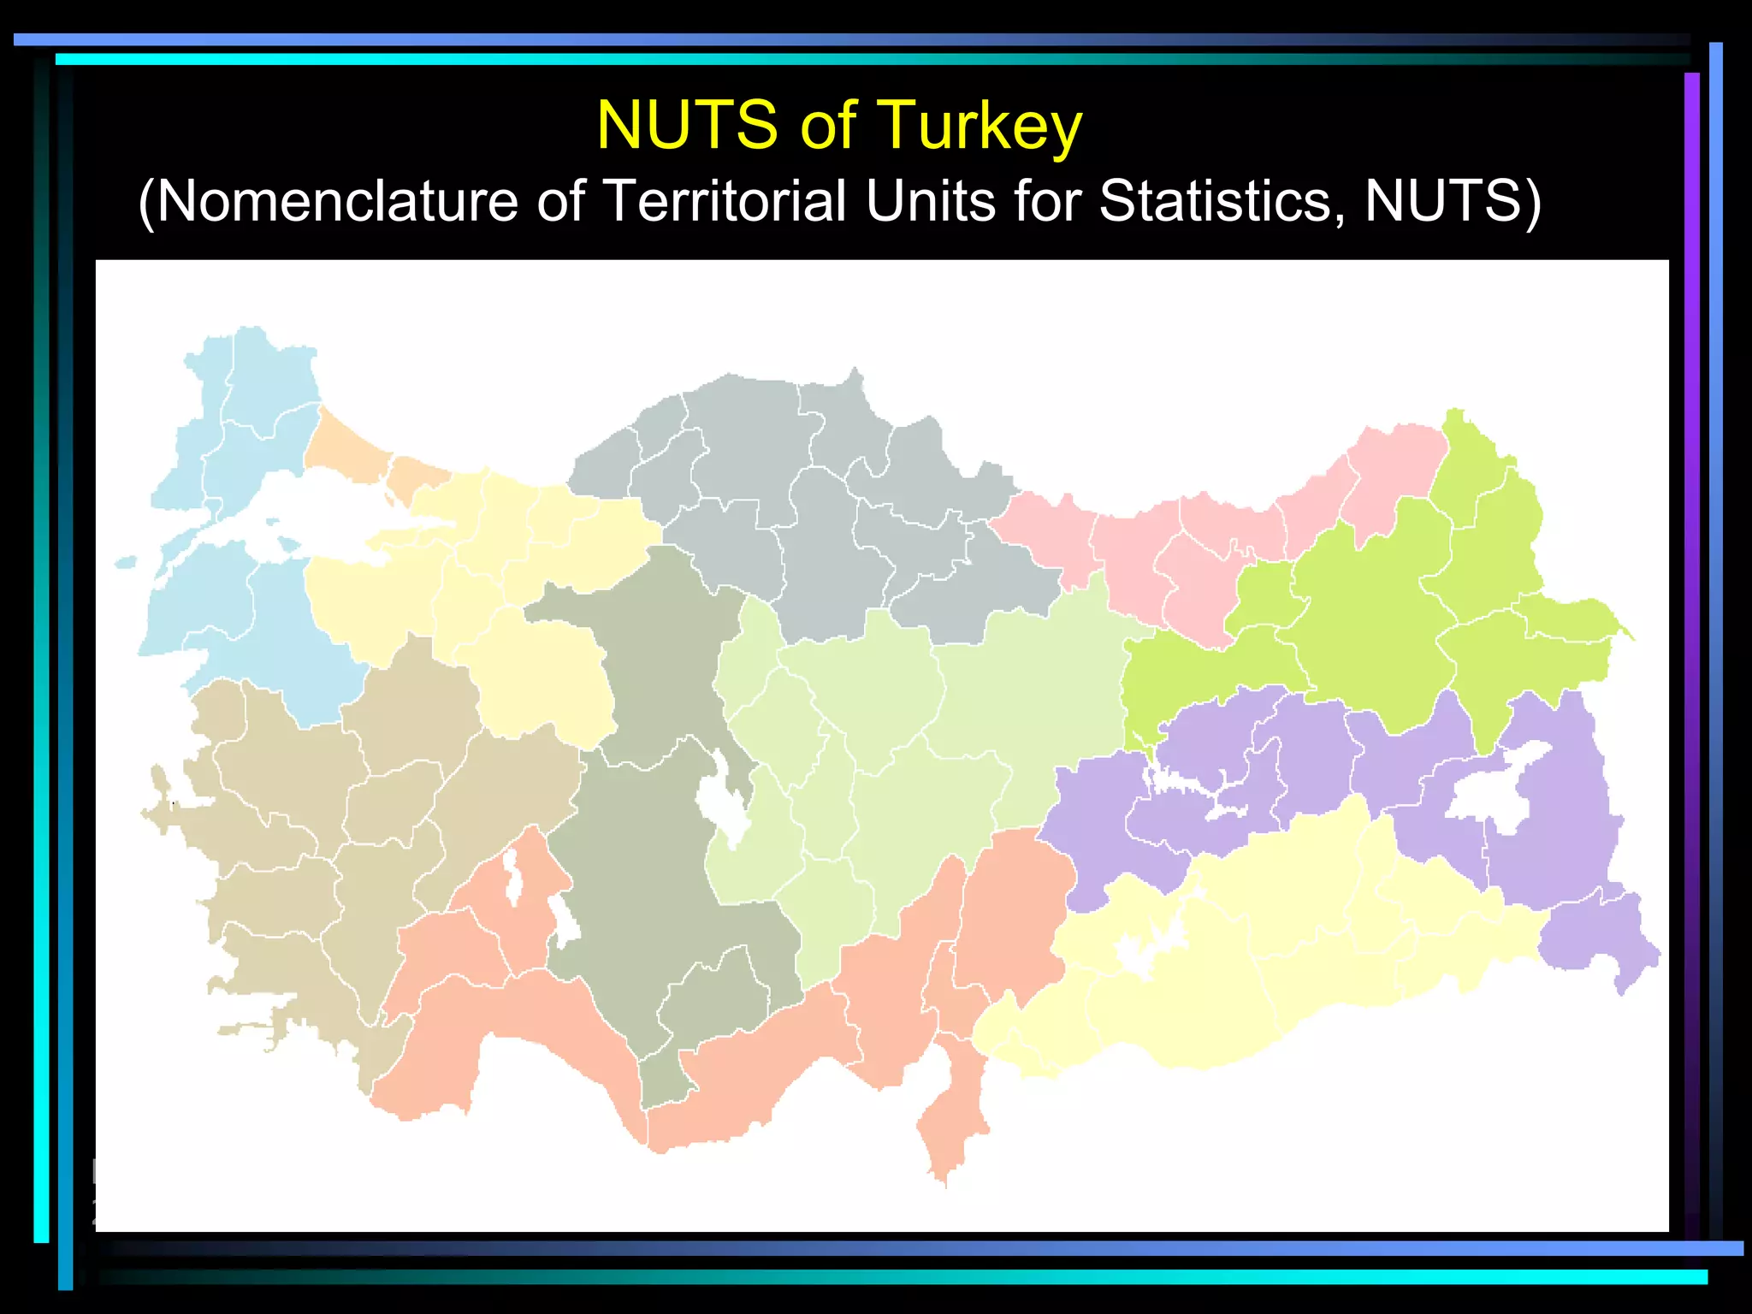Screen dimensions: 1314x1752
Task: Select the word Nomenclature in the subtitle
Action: pos(337,201)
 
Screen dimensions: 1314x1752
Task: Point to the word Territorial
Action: pos(724,201)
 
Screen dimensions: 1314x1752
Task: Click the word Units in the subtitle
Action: pos(931,201)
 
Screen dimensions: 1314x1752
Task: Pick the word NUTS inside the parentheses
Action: pos(1442,201)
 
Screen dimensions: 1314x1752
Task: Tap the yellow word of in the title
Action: pos(827,125)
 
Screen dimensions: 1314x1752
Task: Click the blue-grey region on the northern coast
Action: pos(821,513)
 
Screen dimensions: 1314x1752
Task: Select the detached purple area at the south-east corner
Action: pos(1600,937)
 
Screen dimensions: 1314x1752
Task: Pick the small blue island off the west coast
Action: pos(126,562)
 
